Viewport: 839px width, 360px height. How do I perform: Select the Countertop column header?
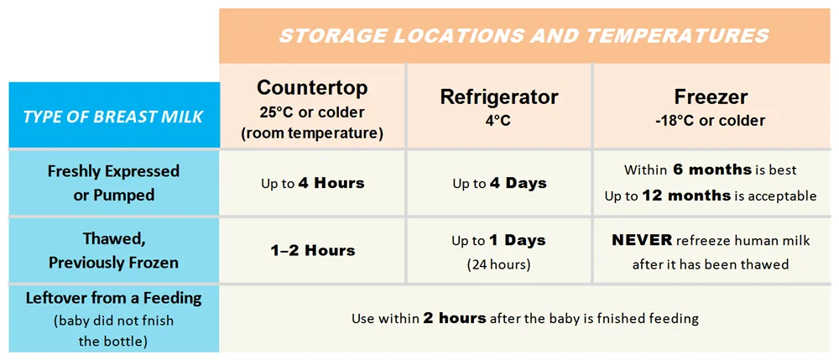coord(312,88)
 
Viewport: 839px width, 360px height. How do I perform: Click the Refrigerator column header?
coord(498,97)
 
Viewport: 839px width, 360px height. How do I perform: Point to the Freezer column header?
coord(711,97)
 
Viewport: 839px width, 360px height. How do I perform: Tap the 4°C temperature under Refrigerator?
coord(498,120)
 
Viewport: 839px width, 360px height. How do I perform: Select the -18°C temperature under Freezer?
coord(673,120)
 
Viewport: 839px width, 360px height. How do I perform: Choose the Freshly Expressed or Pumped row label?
coord(113,183)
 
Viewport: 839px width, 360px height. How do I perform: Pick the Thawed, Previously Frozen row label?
coord(113,252)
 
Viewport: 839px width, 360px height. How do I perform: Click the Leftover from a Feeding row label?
coord(113,320)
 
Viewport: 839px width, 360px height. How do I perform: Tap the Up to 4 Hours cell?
coord(312,184)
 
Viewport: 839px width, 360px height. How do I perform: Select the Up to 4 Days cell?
coord(500,184)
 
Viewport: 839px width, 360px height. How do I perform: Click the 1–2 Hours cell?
coord(312,250)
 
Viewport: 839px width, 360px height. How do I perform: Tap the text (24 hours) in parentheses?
coord(498,265)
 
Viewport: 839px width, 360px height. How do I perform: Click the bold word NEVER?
coord(642,240)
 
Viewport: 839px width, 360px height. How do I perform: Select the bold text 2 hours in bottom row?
coord(454,319)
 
